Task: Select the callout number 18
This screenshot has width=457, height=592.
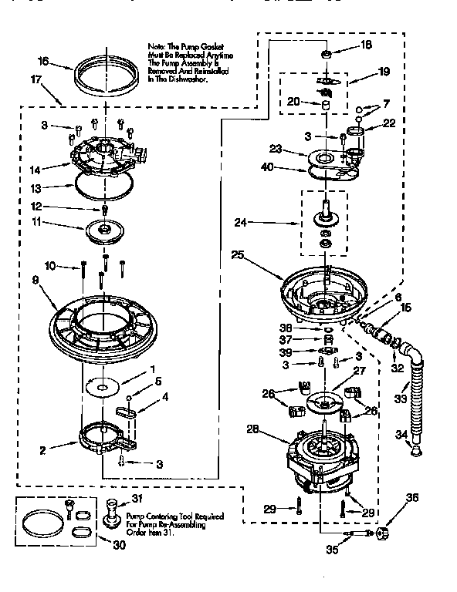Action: pos(366,45)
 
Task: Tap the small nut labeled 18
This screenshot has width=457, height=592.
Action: pos(327,54)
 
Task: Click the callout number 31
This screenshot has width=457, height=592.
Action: pos(138,497)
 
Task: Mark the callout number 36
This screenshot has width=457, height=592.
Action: pos(411,497)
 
